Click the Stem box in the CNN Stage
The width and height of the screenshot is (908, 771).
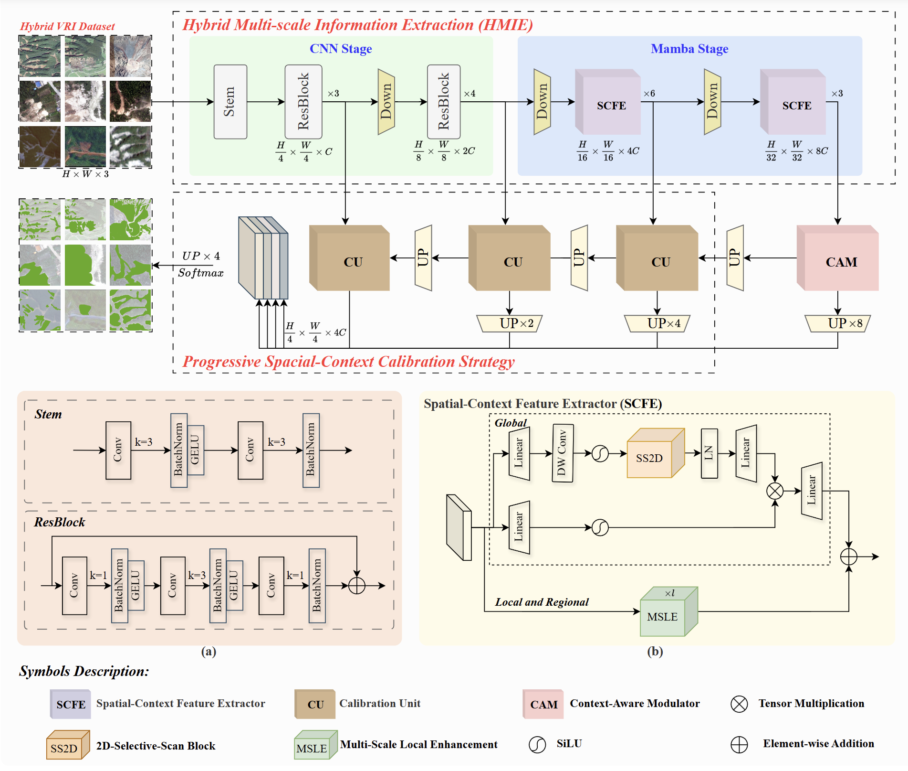point(230,102)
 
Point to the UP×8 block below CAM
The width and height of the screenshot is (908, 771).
point(838,323)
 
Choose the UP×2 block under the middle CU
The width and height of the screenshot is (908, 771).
point(510,323)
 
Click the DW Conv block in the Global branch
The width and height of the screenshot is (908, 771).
point(562,453)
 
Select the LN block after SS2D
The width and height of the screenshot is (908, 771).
point(709,453)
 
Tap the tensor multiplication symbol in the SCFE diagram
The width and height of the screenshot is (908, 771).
point(775,491)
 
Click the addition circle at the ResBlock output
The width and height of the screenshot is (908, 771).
point(357,585)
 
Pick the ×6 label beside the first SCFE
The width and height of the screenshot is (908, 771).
point(649,94)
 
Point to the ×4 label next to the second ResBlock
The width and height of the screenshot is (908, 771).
point(470,94)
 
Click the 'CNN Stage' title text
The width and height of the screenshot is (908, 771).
point(341,49)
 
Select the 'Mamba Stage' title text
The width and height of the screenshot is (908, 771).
point(689,49)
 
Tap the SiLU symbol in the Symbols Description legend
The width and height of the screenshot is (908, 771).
point(537,744)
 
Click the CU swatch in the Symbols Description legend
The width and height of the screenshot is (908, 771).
point(315,704)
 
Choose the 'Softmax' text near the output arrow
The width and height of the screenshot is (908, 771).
point(200,273)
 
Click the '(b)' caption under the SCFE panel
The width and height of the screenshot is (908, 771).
point(655,652)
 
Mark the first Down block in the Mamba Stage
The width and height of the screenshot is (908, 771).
point(542,102)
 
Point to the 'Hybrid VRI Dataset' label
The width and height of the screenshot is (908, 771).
point(67,26)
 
